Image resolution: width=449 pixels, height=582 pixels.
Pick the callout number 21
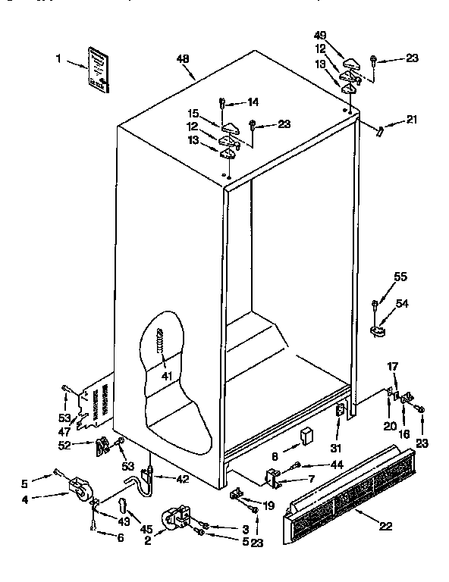(411, 119)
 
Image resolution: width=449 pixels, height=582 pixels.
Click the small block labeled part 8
(306, 435)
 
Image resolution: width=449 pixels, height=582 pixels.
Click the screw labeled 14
(222, 102)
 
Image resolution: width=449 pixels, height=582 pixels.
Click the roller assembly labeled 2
(181, 519)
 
